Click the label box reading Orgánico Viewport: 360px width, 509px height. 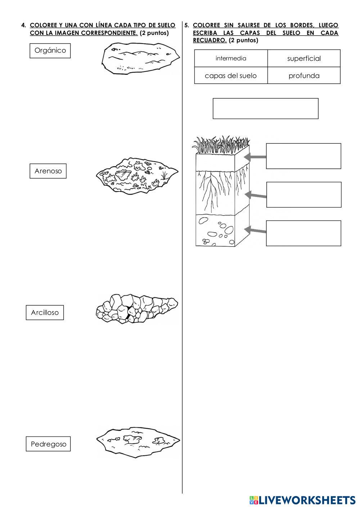click(x=50, y=51)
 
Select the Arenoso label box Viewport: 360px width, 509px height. click(x=48, y=171)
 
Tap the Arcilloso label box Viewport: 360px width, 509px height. click(x=45, y=312)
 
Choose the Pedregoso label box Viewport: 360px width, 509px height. click(x=48, y=444)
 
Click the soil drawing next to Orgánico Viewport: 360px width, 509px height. click(x=140, y=58)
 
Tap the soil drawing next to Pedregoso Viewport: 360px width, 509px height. click(x=138, y=442)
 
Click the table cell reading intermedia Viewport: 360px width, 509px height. click(x=231, y=58)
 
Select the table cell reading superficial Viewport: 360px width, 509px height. click(x=304, y=58)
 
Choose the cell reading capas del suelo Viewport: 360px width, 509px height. click(x=231, y=76)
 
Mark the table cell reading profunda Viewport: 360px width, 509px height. click(x=304, y=76)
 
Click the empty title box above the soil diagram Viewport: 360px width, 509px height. click(x=266, y=108)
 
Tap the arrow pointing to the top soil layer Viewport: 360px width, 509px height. click(x=255, y=157)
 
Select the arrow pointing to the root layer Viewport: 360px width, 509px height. click(x=255, y=195)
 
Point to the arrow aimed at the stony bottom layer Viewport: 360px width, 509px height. click(x=255, y=230)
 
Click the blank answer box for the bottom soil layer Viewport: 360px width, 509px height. click(x=303, y=233)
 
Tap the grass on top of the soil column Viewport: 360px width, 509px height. click(x=221, y=144)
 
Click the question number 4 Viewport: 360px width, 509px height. click(x=23, y=25)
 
